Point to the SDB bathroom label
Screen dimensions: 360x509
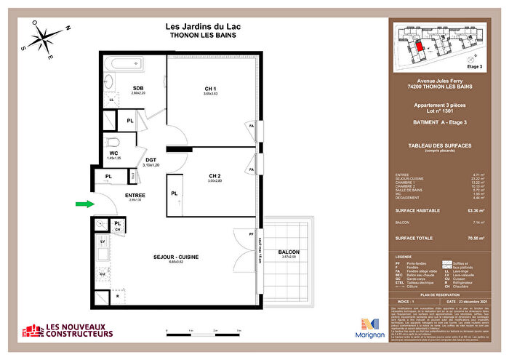click(x=138, y=89)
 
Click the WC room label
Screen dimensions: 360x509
click(x=113, y=153)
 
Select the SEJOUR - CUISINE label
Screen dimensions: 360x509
click(x=176, y=257)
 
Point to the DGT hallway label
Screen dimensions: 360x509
click(x=151, y=159)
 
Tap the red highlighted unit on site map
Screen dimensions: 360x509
click(x=420, y=45)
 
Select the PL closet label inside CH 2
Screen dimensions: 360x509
click(x=175, y=193)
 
